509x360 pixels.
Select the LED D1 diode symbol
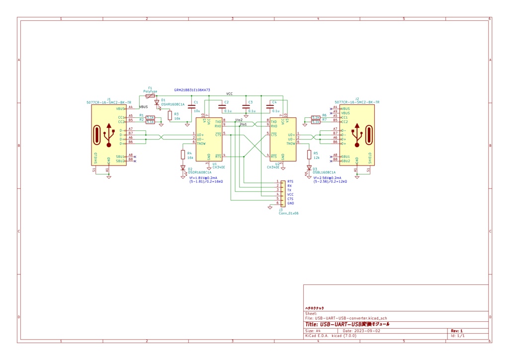[x=157, y=103]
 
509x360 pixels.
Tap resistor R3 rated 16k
[x=170, y=115]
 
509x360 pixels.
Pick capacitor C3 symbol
[x=246, y=106]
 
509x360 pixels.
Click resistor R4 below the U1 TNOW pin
[x=183, y=155]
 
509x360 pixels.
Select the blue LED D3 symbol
[x=309, y=168]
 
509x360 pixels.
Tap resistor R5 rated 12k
[x=309, y=155]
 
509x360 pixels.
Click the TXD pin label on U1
[x=218, y=121]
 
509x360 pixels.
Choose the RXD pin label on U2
[x=274, y=126]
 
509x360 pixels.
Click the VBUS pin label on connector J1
[x=121, y=108]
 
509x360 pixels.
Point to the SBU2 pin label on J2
[x=345, y=161]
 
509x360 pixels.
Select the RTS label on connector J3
[x=290, y=182]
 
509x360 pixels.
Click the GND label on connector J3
[x=290, y=203]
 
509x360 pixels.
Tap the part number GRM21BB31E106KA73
[x=192, y=90]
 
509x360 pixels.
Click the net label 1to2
[x=239, y=120]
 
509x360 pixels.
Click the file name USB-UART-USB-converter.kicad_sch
[x=347, y=318]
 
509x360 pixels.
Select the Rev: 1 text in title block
[x=456, y=331]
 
